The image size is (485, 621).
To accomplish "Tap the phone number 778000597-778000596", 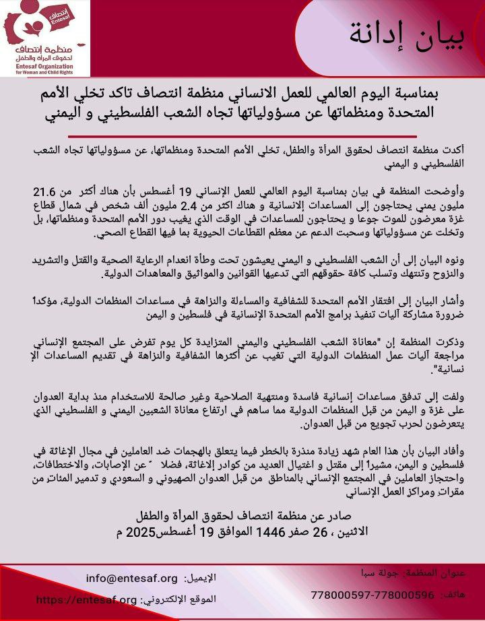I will click(x=373, y=595).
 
